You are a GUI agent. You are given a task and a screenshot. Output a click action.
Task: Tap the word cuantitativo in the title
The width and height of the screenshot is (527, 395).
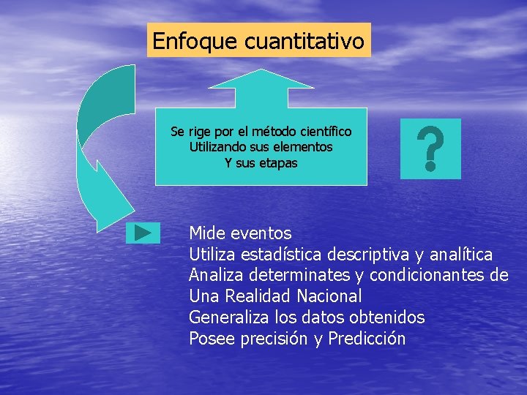pos(304,42)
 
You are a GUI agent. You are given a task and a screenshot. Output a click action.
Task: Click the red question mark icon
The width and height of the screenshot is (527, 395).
pos(430,148)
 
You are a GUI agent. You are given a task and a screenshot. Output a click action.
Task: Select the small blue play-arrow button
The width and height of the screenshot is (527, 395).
pos(143,233)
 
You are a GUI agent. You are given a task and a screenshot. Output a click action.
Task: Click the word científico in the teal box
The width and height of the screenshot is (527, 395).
pos(324,132)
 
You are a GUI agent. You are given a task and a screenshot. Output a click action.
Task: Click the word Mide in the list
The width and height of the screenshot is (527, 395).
pos(207,233)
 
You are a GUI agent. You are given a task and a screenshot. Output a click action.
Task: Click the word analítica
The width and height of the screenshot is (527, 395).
pos(460,255)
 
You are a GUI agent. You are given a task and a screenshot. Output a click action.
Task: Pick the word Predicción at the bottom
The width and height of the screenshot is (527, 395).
pos(367,339)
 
